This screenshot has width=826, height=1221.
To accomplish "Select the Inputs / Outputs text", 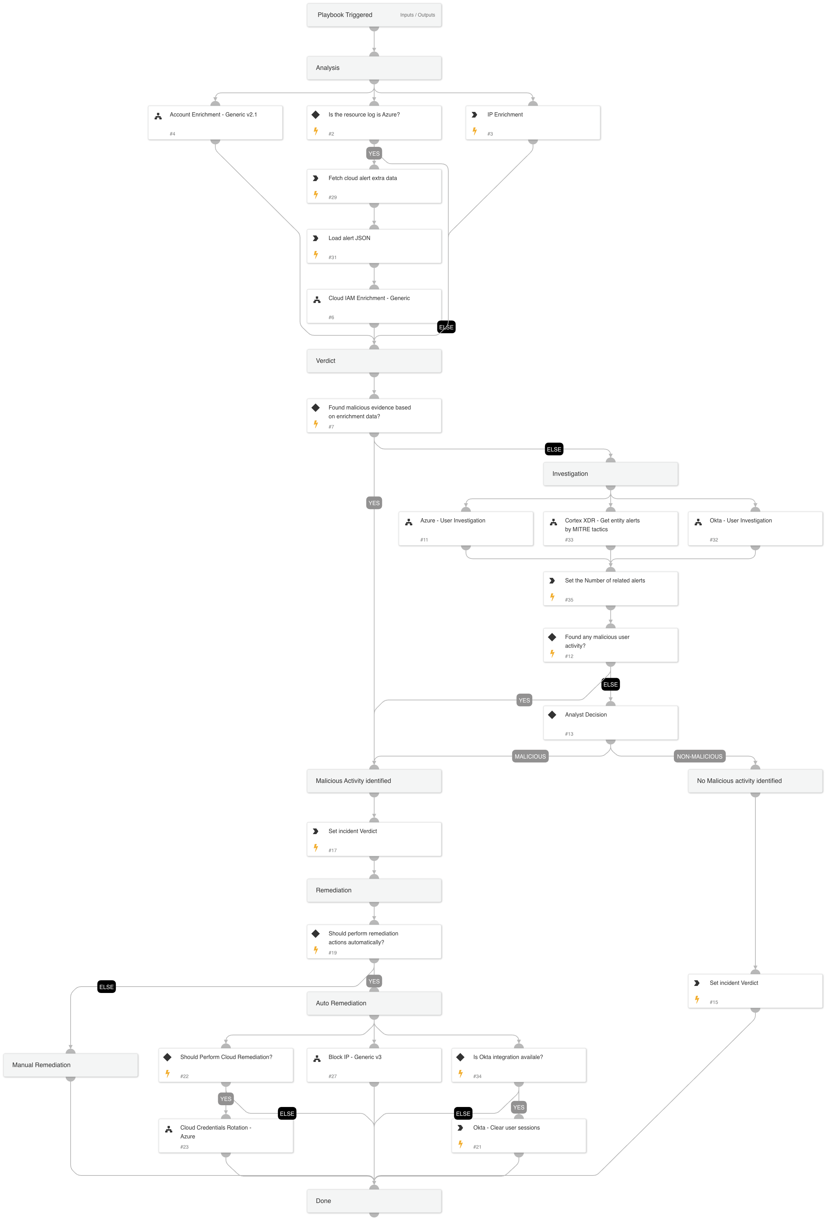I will [x=417, y=15].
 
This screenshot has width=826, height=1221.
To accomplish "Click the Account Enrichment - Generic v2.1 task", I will [x=215, y=123].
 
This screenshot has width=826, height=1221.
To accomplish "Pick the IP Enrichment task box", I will [x=532, y=123].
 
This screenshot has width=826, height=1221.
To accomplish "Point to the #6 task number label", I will [x=331, y=318].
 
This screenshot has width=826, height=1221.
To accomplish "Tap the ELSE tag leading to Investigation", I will [x=554, y=450].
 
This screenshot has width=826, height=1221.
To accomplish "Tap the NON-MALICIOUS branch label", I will [x=699, y=756].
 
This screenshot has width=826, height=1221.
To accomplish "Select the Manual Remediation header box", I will [x=70, y=1065].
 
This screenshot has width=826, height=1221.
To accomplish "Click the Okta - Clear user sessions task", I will [x=518, y=1136].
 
